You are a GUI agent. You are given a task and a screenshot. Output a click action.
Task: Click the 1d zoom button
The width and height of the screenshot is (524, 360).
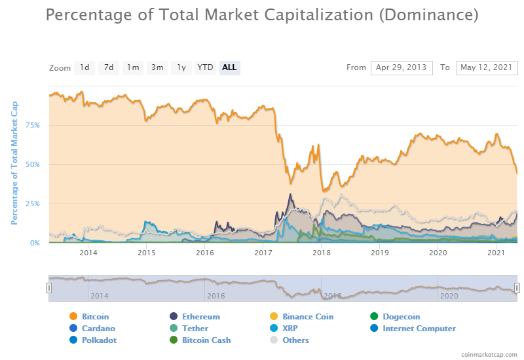point(85,67)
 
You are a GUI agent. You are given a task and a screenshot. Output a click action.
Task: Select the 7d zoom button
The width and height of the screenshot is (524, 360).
point(109,67)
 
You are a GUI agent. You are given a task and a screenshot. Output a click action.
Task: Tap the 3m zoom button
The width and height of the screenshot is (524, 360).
point(157,67)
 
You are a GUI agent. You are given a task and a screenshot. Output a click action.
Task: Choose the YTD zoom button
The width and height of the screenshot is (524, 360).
point(206,67)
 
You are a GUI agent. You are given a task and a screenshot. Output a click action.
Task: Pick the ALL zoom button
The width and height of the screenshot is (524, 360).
point(229,67)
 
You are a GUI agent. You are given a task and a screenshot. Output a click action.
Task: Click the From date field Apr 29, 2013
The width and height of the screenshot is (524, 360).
point(402,67)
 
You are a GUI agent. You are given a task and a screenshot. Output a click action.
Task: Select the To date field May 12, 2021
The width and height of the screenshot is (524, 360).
point(487,67)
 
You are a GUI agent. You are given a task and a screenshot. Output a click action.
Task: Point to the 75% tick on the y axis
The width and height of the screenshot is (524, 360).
point(33,125)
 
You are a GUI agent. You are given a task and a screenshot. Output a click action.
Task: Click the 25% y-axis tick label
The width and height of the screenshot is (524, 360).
point(33,204)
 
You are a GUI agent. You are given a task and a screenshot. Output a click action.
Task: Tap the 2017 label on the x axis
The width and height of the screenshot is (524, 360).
point(263,253)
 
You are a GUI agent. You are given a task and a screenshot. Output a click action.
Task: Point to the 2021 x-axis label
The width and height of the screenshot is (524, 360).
point(496,253)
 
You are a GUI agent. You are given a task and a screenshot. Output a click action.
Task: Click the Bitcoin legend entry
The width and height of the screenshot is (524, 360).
point(95,317)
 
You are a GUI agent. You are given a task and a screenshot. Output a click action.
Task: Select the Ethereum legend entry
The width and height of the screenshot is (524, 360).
point(200,317)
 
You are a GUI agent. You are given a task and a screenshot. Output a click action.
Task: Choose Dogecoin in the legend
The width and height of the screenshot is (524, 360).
point(401,317)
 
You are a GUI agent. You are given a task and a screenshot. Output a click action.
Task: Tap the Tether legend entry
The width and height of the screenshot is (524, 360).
point(195,329)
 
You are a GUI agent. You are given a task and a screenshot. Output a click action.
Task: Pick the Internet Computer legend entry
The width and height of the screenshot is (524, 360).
point(419,329)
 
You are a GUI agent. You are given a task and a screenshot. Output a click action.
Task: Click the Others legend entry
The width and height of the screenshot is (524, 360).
point(295,340)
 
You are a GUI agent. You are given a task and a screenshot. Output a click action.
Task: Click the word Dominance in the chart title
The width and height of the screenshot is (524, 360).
point(428,14)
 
